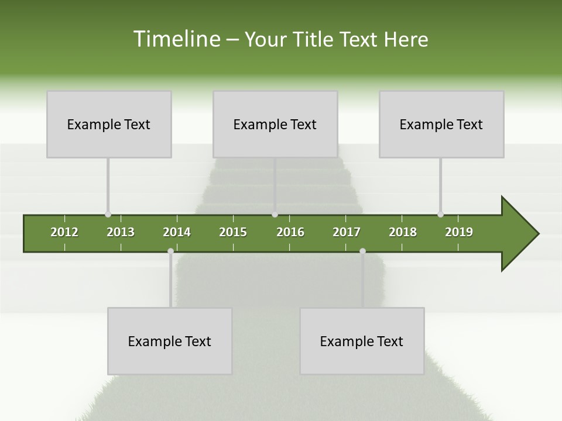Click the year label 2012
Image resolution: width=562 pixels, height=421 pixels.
tap(64, 232)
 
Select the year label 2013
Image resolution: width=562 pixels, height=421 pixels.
tap(121, 232)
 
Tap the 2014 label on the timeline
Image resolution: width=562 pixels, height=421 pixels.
tap(177, 232)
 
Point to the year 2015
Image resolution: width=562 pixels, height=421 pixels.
tap(233, 232)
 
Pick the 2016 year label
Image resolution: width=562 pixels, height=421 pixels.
tap(290, 232)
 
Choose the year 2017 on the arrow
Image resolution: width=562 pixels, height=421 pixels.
tap(347, 232)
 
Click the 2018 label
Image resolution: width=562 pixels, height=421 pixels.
tap(403, 232)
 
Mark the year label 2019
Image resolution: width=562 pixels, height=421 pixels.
tap(459, 232)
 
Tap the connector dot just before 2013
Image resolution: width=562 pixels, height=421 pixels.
tap(108, 215)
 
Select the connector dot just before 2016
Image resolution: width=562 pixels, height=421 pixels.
tap(275, 215)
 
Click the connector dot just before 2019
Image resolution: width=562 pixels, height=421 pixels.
tap(440, 215)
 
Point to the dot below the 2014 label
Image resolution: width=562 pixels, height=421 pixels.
tap(170, 251)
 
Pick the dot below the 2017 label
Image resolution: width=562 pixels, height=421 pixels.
tap(362, 251)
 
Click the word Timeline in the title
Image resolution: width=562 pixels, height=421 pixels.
tap(176, 39)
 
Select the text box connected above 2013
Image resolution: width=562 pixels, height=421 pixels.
tap(109, 124)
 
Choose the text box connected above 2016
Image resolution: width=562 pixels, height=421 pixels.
tap(275, 124)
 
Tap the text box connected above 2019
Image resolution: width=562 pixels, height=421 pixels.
tap(441, 124)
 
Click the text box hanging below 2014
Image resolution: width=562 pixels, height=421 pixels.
tap(170, 341)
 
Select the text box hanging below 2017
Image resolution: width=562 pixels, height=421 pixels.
tap(362, 341)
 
